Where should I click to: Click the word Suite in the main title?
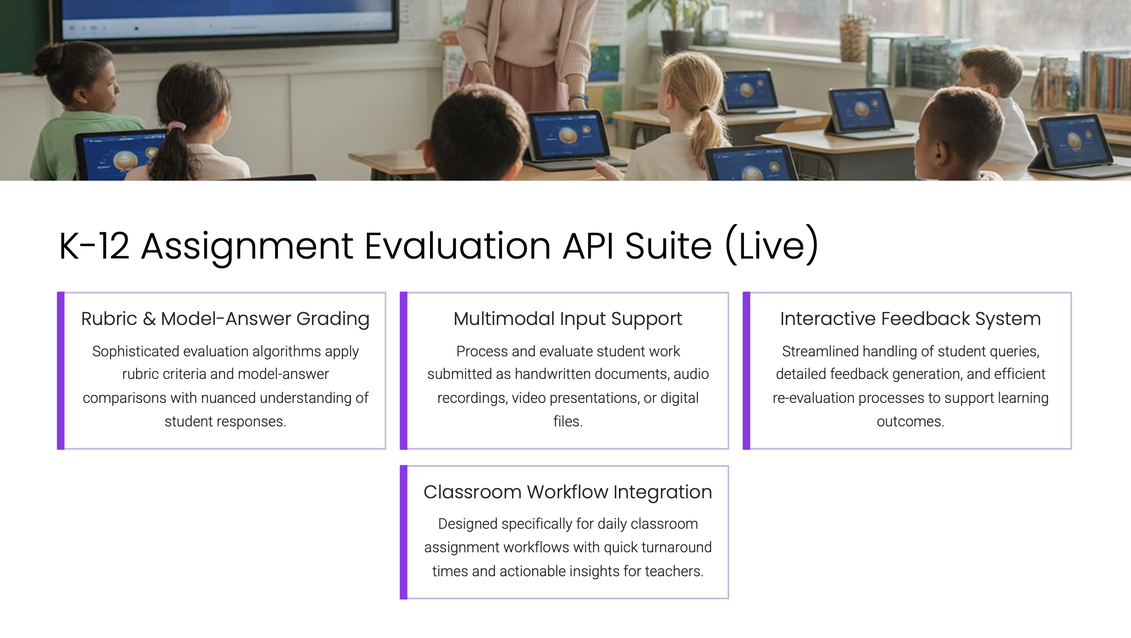pyautogui.click(x=668, y=246)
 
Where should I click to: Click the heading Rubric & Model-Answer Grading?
pyautogui.click(x=225, y=319)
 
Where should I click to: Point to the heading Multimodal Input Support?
pyautogui.click(x=568, y=319)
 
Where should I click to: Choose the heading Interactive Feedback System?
pyautogui.click(x=910, y=319)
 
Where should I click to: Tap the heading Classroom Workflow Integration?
pyautogui.click(x=568, y=492)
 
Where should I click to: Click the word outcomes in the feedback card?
pyautogui.click(x=910, y=422)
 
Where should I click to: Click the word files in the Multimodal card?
pyautogui.click(x=568, y=421)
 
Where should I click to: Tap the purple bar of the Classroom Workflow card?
pyautogui.click(x=403, y=532)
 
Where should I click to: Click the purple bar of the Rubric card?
pyautogui.click(x=60, y=371)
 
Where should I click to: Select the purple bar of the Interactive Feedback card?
pyautogui.click(x=746, y=371)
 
